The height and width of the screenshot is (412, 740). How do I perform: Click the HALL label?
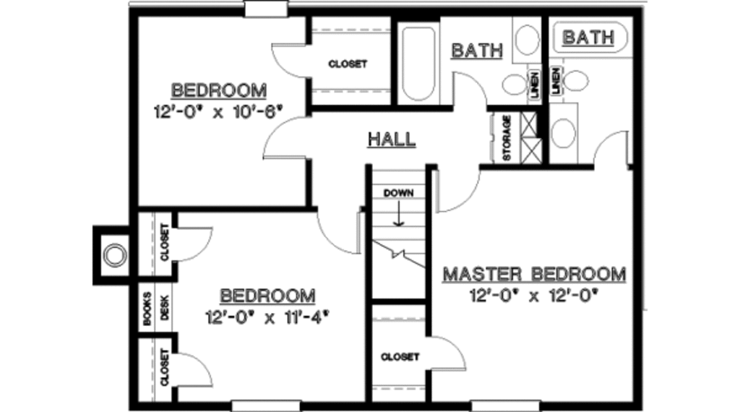392,139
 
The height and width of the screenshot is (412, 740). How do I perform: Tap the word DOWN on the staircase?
397,193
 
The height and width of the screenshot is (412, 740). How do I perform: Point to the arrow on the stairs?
397,214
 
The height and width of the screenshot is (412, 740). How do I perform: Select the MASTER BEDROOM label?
534,275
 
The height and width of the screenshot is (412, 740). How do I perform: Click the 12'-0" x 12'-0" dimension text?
535,295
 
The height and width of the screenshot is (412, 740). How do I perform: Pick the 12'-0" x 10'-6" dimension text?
217,112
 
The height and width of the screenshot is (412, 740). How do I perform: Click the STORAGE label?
507,137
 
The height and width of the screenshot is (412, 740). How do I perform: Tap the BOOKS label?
147,309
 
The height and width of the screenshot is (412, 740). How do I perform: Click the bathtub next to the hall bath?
418,64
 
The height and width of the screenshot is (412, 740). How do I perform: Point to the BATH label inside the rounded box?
588,38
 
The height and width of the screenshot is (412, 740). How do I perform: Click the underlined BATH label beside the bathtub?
476,51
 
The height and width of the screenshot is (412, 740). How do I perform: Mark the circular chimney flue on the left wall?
113,255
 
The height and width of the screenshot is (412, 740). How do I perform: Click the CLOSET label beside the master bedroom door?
400,357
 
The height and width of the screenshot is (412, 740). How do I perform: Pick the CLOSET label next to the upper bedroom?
348,64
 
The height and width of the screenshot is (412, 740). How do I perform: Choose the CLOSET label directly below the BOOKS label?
165,366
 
